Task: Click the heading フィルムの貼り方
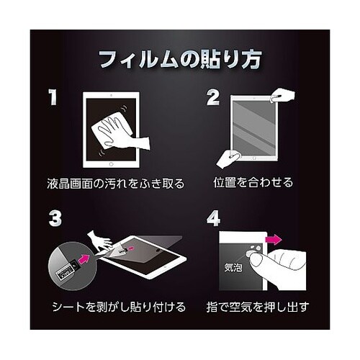(180, 60)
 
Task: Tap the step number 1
(53, 97)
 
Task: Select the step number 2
(213, 97)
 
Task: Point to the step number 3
(55, 218)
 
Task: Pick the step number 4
(213, 218)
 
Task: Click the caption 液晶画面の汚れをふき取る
(116, 184)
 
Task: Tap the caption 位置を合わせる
(253, 182)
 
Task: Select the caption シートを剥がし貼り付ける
(119, 307)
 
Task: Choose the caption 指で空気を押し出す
(258, 307)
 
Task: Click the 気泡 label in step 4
(233, 267)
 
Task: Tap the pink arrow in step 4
(274, 239)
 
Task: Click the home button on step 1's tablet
(111, 164)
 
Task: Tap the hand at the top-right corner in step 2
(282, 96)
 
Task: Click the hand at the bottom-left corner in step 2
(228, 158)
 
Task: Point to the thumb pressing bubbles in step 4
(261, 261)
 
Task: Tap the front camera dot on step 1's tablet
(111, 95)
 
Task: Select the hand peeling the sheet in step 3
(99, 240)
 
